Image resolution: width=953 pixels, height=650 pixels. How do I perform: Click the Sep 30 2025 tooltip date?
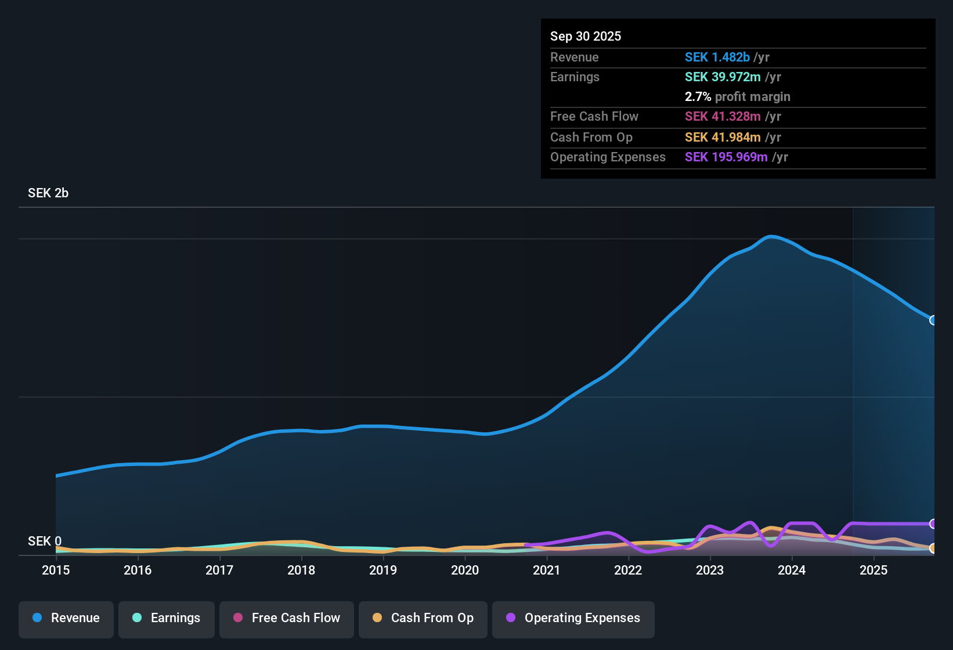[585, 36]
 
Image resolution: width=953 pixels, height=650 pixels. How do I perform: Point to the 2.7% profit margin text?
[737, 96]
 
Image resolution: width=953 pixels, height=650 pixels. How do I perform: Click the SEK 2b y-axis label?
[48, 193]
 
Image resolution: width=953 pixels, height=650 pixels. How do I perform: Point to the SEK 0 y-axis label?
[44, 541]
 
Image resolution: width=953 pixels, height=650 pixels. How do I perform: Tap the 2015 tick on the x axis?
[56, 570]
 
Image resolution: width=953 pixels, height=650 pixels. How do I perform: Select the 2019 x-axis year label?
[383, 570]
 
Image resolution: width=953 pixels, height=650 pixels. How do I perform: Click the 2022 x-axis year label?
[628, 570]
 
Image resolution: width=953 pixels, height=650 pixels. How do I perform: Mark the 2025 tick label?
[873, 570]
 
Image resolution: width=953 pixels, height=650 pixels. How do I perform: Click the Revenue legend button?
[66, 617]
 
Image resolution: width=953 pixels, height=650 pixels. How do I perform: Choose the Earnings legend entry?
[167, 617]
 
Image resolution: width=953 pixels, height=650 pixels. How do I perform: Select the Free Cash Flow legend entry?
[287, 617]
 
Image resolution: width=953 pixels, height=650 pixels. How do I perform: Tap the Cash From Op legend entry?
[423, 617]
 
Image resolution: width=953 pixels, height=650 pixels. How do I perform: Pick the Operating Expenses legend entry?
[573, 617]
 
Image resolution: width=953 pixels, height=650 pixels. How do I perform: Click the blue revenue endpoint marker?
[933, 320]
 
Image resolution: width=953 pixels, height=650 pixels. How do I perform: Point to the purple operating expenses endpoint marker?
[933, 523]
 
